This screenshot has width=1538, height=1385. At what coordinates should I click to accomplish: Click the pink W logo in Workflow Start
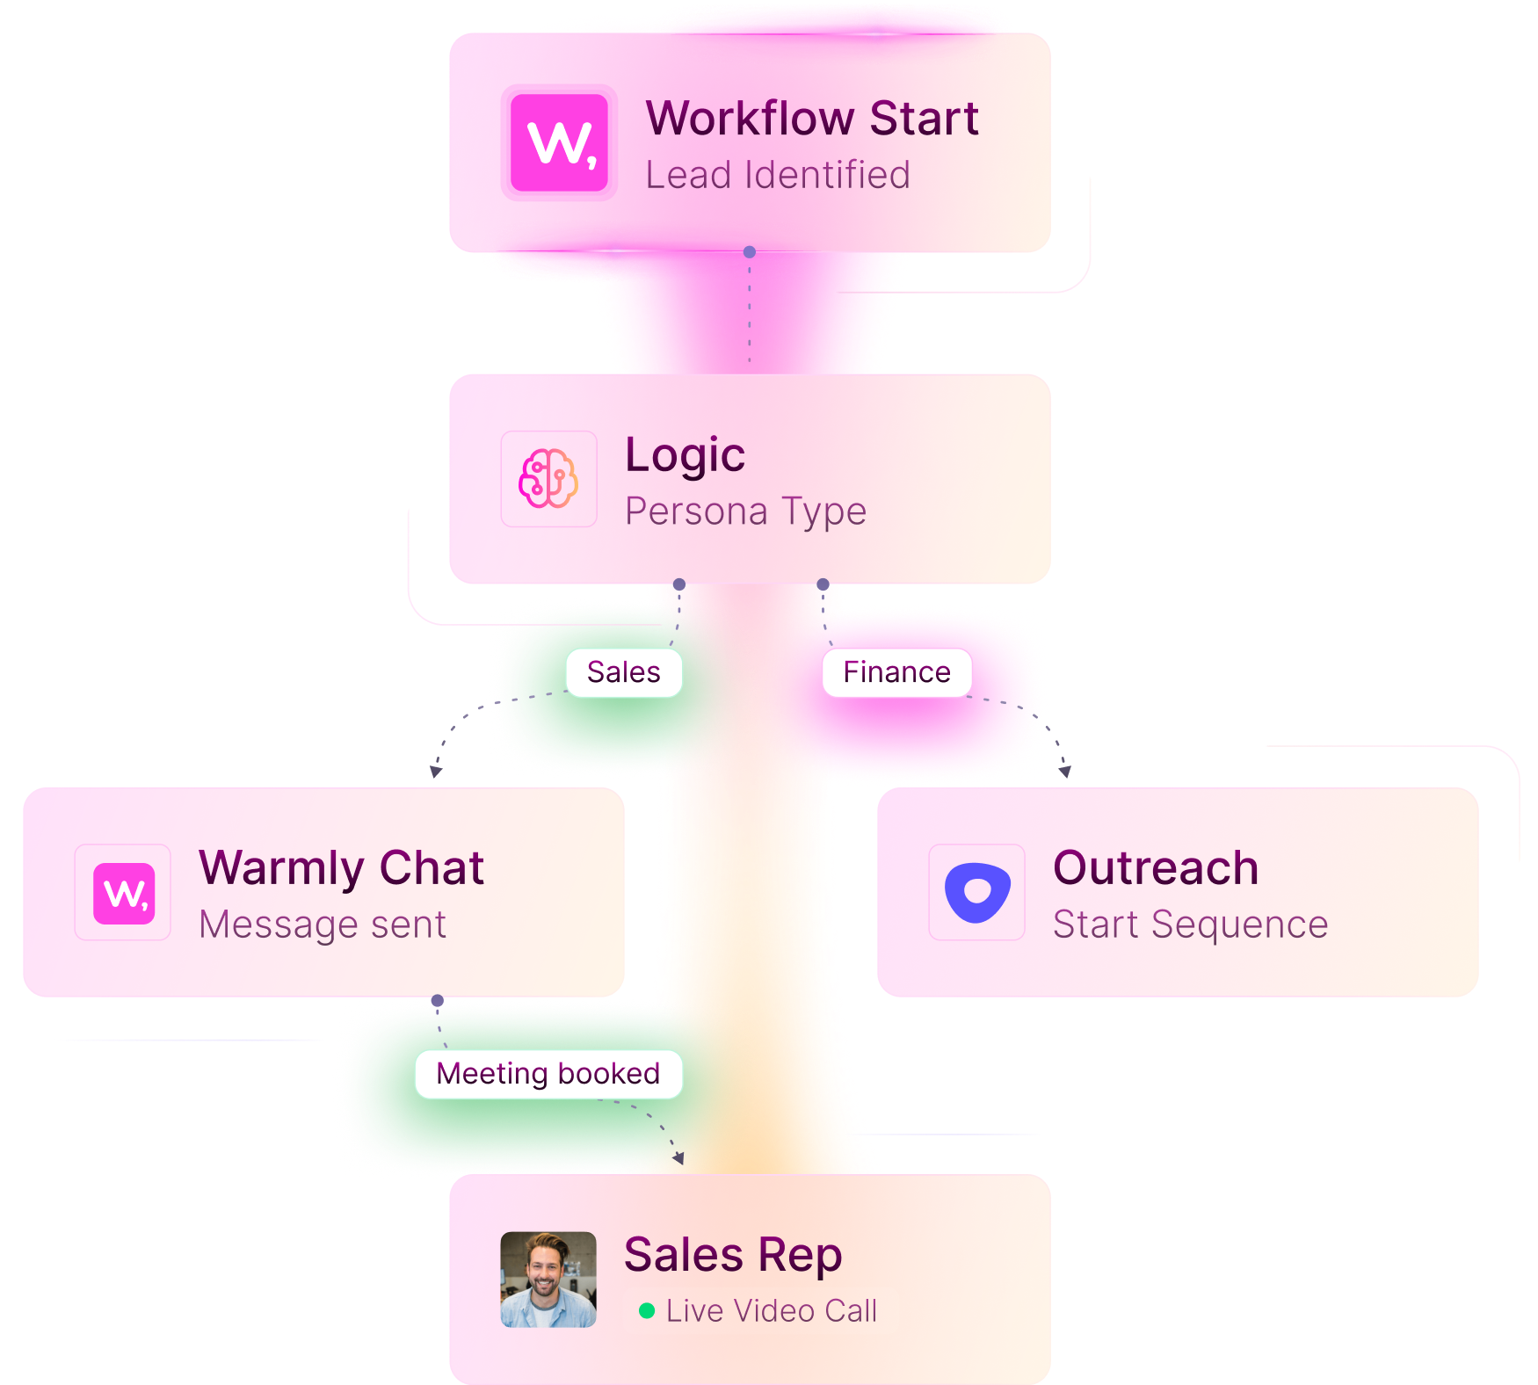pos(559,142)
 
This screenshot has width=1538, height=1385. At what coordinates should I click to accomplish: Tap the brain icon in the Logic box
pos(548,479)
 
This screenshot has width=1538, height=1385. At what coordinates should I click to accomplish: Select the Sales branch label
pos(623,672)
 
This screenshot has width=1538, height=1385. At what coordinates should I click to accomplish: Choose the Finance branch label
pos(896,672)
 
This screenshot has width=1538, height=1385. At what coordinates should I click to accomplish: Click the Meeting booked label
pos(548,1074)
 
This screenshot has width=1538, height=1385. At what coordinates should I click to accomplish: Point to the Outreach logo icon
pos(976,892)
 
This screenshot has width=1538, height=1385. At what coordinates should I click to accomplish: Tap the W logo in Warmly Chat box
pos(124,893)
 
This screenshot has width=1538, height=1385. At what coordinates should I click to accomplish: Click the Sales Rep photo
pos(548,1279)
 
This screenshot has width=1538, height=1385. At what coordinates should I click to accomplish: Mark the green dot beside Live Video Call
pos(647,1311)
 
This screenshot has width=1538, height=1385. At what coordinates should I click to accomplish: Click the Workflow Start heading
pos(812,118)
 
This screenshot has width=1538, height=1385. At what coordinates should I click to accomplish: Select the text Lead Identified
pos(778,175)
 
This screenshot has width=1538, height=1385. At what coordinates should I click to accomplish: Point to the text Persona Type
pos(745,511)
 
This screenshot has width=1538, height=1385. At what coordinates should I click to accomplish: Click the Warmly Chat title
pos(341,868)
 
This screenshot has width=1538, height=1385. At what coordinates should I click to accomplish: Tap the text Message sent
pos(323,925)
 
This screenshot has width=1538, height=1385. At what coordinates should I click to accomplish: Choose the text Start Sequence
pos(1190,925)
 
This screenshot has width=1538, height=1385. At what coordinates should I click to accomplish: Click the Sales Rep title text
pos(733,1255)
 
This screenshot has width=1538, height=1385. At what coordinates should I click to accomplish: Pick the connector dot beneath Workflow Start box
pos(750,252)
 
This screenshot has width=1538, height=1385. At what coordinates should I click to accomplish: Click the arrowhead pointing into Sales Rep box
pos(678,1158)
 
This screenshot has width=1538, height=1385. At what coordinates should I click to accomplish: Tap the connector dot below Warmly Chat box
pos(438,1001)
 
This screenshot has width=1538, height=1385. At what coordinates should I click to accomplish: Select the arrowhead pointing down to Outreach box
pos(1064,771)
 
